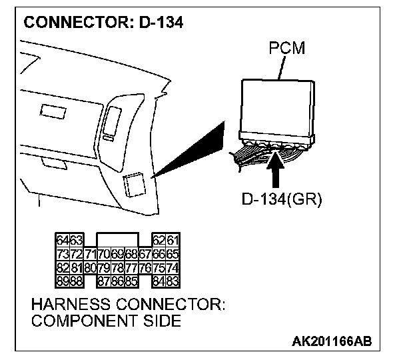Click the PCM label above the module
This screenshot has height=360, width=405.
286,50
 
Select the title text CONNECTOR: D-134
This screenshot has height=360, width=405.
104,21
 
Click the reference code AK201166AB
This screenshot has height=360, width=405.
332,341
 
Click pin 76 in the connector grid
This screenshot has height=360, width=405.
147,267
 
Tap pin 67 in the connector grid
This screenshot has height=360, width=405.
147,254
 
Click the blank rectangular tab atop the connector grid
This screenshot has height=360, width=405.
117,240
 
